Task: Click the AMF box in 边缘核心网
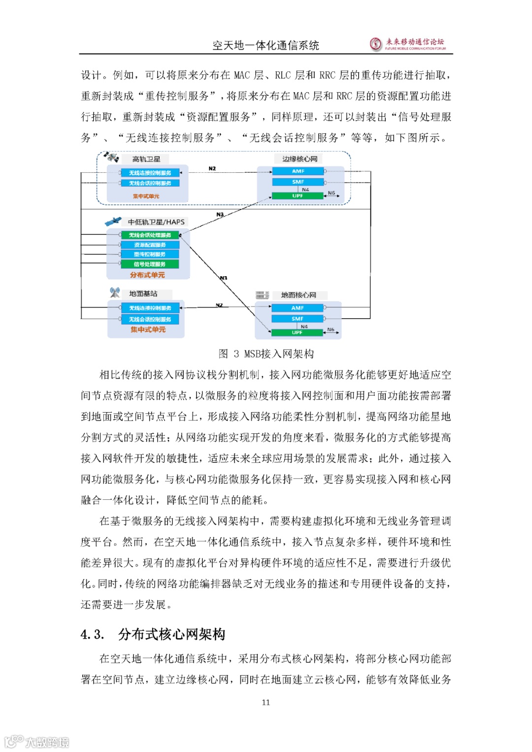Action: pyautogui.click(x=298, y=171)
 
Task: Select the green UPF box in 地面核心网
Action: pyautogui.click(x=297, y=333)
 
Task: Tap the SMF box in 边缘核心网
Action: pyautogui.click(x=298, y=182)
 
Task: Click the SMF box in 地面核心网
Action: pyautogui.click(x=297, y=319)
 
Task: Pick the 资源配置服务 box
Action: pyautogui.click(x=150, y=245)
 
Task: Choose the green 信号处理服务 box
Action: pyautogui.click(x=150, y=264)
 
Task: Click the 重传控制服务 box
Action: pyautogui.click(x=150, y=255)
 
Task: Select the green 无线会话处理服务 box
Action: pyautogui.click(x=150, y=235)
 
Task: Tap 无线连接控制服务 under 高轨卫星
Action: pyautogui.click(x=150, y=173)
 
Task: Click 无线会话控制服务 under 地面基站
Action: pyautogui.click(x=150, y=320)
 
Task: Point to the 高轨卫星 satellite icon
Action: pyautogui.click(x=111, y=157)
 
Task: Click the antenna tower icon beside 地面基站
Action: pyautogui.click(x=115, y=293)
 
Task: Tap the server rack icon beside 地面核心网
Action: pyautogui.click(x=262, y=295)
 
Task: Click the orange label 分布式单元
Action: pyautogui.click(x=147, y=275)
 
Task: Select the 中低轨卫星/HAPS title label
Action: pyautogui.click(x=156, y=222)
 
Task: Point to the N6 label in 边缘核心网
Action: pyautogui.click(x=332, y=193)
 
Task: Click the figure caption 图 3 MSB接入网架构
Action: pyautogui.click(x=266, y=354)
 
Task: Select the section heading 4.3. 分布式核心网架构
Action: pyautogui.click(x=153, y=634)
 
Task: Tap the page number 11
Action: pyautogui.click(x=266, y=702)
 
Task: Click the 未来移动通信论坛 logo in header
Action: pyautogui.click(x=408, y=44)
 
